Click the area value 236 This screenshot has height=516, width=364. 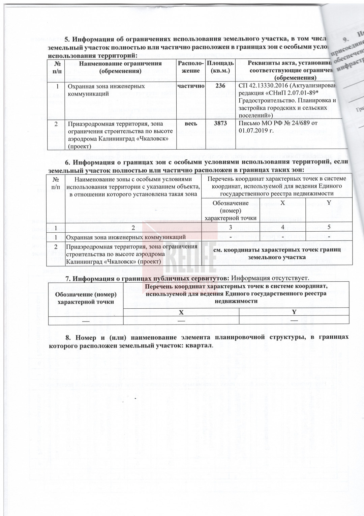pyautogui.click(x=220, y=86)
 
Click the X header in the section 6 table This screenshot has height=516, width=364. pyautogui.click(x=282, y=202)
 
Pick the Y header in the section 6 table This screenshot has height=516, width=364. pyautogui.click(x=329, y=202)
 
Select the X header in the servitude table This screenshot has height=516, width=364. pyautogui.click(x=181, y=312)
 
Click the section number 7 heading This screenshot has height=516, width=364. pyautogui.click(x=67, y=279)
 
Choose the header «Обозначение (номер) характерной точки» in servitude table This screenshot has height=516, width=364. pyautogui.click(x=86, y=298)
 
